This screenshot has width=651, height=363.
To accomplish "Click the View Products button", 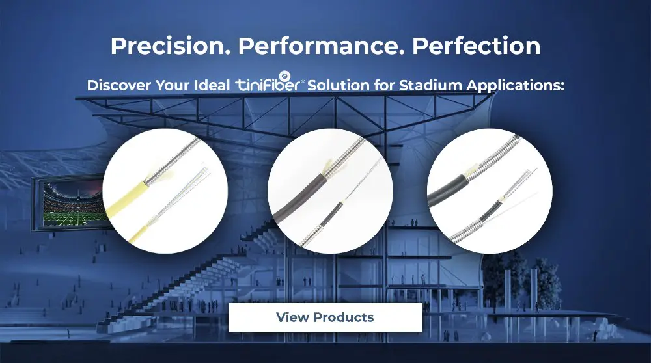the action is coord(325,317).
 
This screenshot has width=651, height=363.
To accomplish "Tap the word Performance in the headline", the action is coord(321,46).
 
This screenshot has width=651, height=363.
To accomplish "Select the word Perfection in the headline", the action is coord(476,46).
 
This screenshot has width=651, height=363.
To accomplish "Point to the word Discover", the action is coord(118,85).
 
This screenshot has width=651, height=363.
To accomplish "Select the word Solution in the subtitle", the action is coord(338,85).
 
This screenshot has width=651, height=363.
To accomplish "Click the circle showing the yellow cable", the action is coord(165,191).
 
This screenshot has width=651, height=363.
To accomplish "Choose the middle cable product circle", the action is coord(330,191).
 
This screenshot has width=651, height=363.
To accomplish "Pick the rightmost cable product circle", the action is coord(490,191).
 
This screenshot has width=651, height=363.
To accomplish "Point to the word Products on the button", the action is coord(344,317).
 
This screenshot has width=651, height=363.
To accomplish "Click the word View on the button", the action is coord(293,317).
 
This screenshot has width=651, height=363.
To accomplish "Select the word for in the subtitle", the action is coord(383,85).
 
